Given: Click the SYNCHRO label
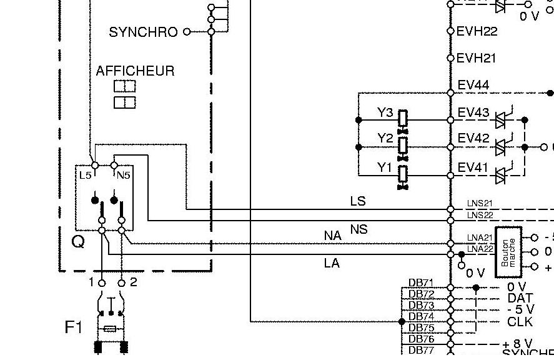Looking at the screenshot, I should point(143,32).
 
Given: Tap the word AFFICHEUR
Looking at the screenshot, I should point(135,71).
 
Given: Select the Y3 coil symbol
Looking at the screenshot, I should point(403,118).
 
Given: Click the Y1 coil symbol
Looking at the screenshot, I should point(403,173).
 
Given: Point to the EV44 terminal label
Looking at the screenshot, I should point(473,85).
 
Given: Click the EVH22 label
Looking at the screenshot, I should point(477,31).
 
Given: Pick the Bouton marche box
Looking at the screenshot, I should point(508,251).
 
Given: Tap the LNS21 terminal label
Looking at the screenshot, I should point(480,204).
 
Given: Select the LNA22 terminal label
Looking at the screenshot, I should point(480,249).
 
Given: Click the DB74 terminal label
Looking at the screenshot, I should point(421,316).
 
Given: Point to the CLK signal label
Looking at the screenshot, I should point(520,322).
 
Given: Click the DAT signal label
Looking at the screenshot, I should point(520,299).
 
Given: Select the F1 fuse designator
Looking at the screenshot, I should point(74,327).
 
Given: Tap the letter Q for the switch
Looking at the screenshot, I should point(78,241).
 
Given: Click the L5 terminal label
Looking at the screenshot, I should point(85,176).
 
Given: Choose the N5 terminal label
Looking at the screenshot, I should point(123,176).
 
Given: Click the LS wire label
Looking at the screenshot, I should point(358,201).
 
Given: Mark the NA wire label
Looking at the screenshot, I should point(333,236).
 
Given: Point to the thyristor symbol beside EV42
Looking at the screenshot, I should point(500,147).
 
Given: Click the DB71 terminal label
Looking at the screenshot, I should point(421,282).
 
